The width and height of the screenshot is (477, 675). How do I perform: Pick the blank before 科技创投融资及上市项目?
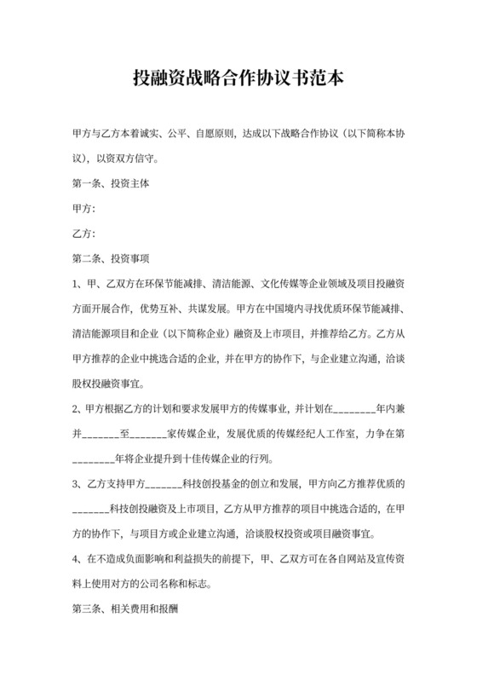click(x=91, y=509)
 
